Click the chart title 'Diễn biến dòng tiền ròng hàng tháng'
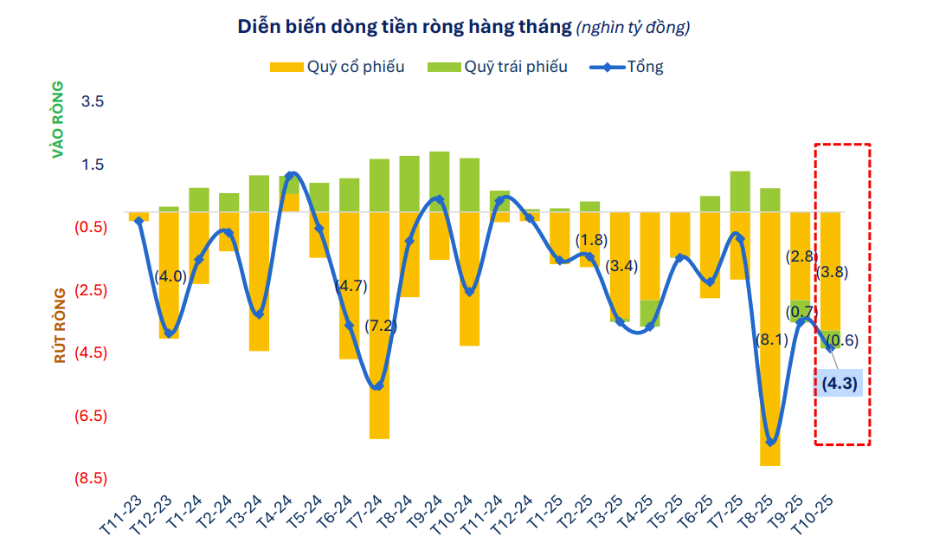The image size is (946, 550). point(404,27)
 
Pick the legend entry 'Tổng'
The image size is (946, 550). point(645,67)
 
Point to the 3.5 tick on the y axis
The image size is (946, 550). point(93,101)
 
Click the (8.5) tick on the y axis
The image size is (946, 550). point(93,478)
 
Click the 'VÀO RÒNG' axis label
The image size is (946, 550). point(59,120)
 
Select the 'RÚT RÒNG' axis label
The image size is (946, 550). point(59,326)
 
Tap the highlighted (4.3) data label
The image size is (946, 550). point(838,383)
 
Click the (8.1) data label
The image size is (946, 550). point(772,340)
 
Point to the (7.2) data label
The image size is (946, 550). point(380,326)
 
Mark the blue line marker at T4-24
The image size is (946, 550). point(290,176)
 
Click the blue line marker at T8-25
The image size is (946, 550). point(770,442)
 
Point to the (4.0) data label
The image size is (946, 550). point(171,276)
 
